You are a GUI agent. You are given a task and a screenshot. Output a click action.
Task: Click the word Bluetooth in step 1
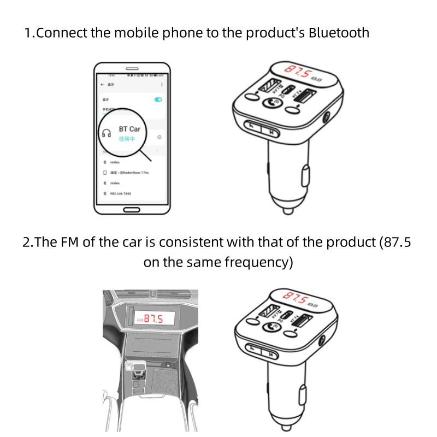(339, 32)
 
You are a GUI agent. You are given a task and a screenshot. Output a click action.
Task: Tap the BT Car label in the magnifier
(129, 129)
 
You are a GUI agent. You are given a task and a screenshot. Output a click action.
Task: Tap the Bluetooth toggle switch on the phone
(158, 99)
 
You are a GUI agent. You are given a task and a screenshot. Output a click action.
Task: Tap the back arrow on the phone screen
(102, 85)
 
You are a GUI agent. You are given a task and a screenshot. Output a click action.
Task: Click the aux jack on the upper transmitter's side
(327, 117)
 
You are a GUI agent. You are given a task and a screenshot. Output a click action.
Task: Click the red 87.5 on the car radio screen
(153, 318)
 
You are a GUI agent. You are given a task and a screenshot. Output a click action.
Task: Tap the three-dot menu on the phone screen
(161, 85)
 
